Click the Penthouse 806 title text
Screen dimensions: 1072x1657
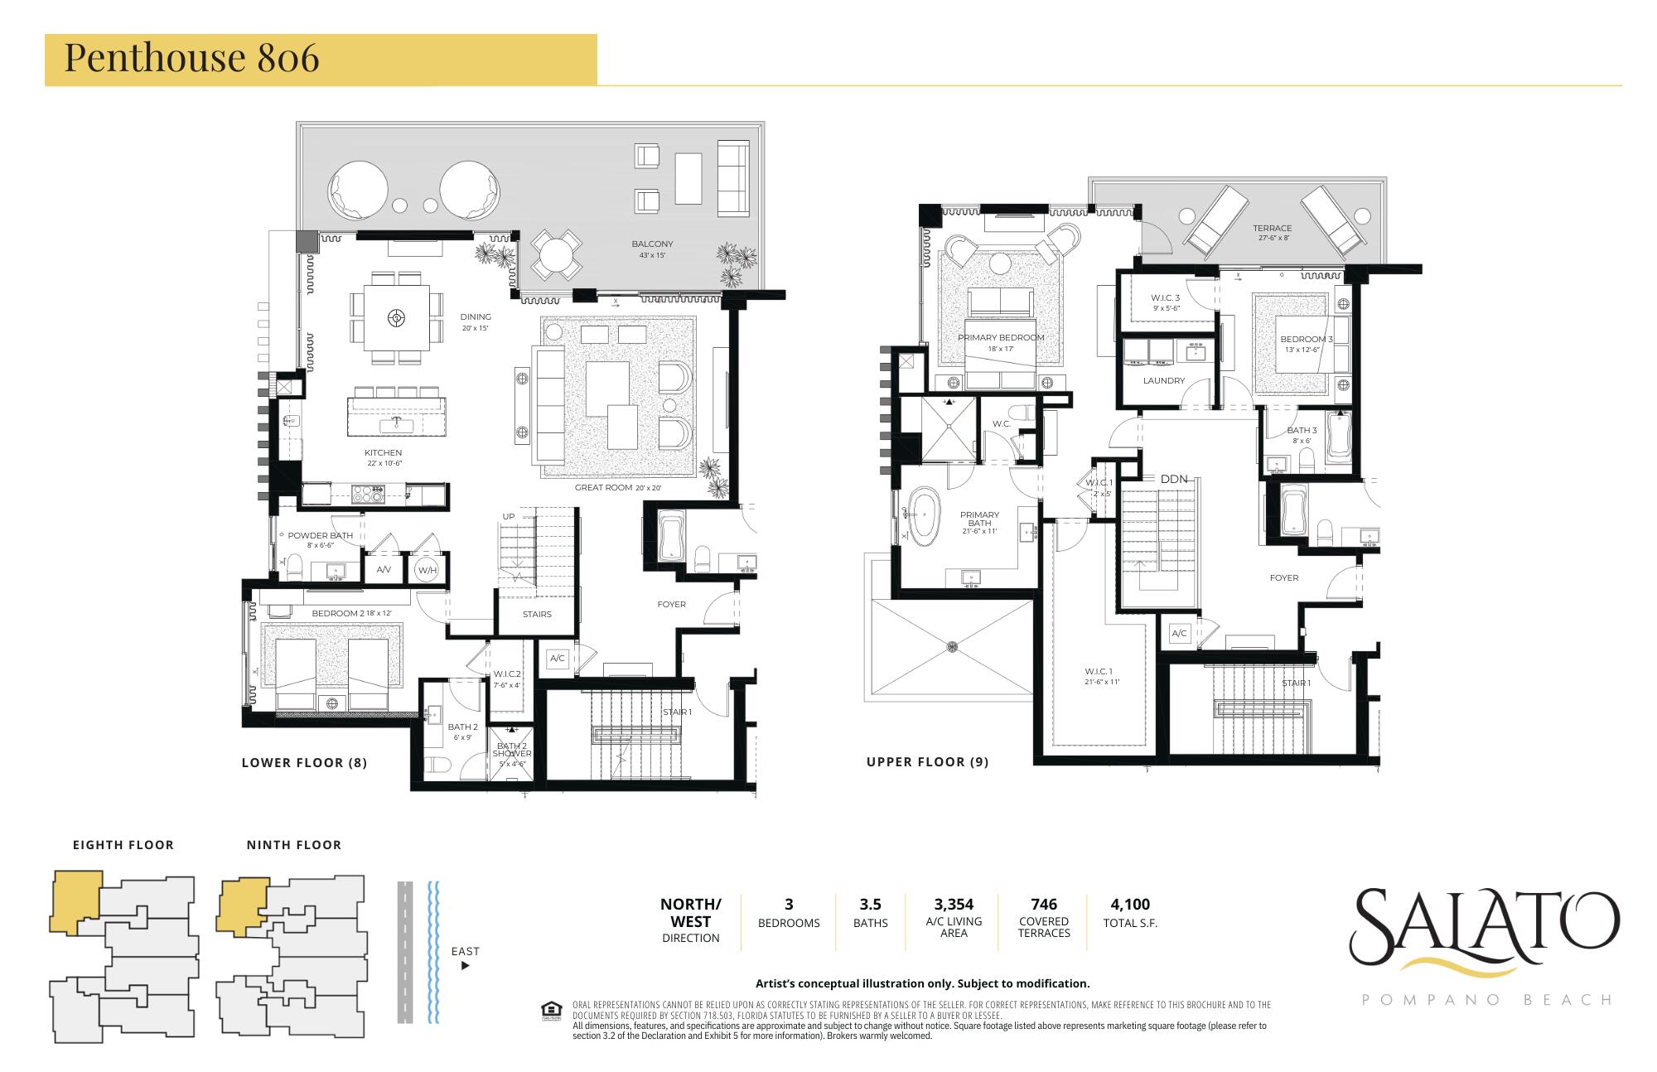pyautogui.click(x=191, y=58)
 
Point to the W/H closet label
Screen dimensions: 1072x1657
pyautogui.click(x=426, y=570)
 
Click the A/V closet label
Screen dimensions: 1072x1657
pyautogui.click(x=384, y=570)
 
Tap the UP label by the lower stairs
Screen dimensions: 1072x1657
pyautogui.click(x=508, y=517)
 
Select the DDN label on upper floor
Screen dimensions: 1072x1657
pyautogui.click(x=1173, y=480)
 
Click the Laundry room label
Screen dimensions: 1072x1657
pyautogui.click(x=1163, y=381)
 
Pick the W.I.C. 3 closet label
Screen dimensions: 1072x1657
pyautogui.click(x=1165, y=297)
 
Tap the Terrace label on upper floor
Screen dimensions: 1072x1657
pyautogui.click(x=1272, y=229)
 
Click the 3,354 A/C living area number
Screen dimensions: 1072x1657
pyautogui.click(x=953, y=904)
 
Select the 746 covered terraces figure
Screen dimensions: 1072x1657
pyautogui.click(x=1043, y=904)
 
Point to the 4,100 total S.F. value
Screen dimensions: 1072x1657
pyautogui.click(x=1129, y=904)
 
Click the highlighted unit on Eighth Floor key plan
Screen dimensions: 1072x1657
pyautogui.click(x=75, y=901)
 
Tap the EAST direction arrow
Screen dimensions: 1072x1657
pyautogui.click(x=465, y=965)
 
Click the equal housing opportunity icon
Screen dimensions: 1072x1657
pyautogui.click(x=548, y=1009)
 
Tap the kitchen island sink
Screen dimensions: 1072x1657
pyautogui.click(x=396, y=425)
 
